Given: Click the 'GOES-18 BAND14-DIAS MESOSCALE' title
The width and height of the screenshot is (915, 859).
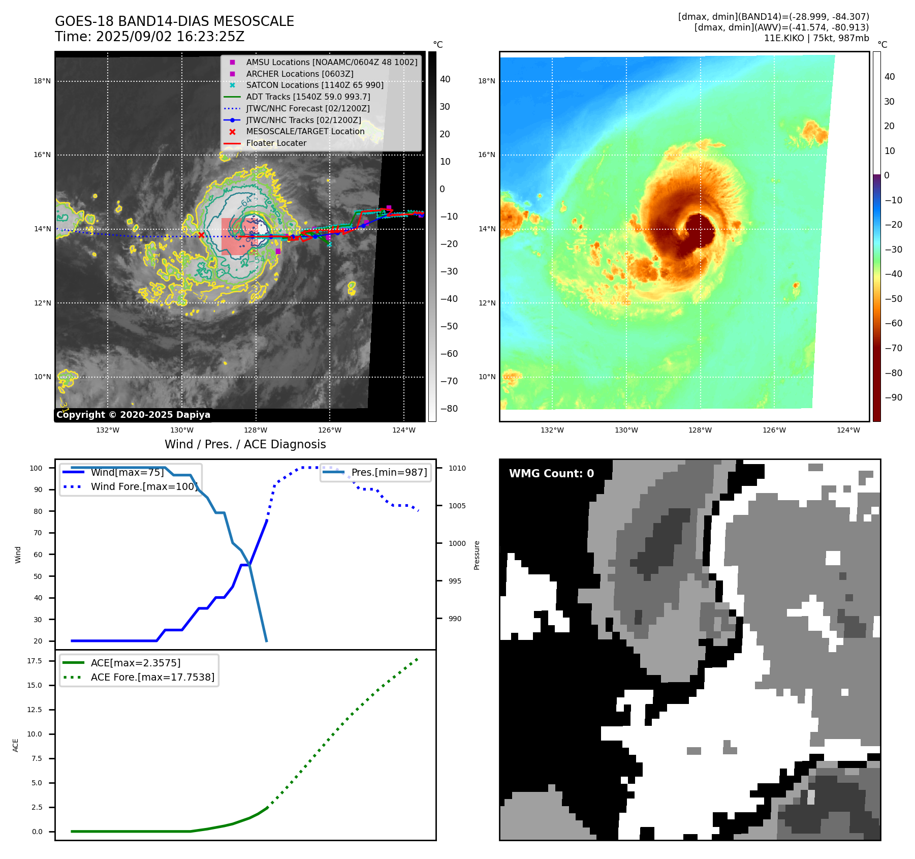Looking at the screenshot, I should pyautogui.click(x=174, y=21).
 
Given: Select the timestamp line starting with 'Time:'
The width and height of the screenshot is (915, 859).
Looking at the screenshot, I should pyautogui.click(x=149, y=37).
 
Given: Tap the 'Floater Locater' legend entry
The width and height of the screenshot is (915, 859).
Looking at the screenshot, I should pyautogui.click(x=276, y=143).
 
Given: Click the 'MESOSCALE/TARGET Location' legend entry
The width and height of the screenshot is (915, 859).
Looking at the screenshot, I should pyautogui.click(x=305, y=132).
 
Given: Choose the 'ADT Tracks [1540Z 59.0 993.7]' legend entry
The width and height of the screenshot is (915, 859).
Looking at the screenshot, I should pyautogui.click(x=308, y=97).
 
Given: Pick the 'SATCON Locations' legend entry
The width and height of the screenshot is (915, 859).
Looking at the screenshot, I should pyautogui.click(x=314, y=85).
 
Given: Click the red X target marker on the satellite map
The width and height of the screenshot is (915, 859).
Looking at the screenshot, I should pyautogui.click(x=201, y=235).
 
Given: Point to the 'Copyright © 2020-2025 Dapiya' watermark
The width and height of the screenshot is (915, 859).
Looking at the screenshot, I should pyautogui.click(x=133, y=415).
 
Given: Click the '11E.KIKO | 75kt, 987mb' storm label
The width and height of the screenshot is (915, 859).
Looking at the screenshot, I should pyautogui.click(x=816, y=38).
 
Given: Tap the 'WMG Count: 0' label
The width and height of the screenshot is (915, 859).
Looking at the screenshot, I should pyautogui.click(x=551, y=474).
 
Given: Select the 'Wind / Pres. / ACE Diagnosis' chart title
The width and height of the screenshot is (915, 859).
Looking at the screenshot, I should pyautogui.click(x=245, y=444).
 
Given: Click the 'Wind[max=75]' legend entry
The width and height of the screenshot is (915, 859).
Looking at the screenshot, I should pyautogui.click(x=127, y=472).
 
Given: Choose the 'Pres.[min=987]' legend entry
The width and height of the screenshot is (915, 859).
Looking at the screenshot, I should pyautogui.click(x=389, y=472).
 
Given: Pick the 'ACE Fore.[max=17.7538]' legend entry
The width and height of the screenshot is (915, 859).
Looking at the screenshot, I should pyautogui.click(x=152, y=677).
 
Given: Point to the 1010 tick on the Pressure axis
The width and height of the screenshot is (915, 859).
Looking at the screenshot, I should pyautogui.click(x=457, y=468).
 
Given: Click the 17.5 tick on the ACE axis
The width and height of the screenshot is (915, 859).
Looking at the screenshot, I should pyautogui.click(x=35, y=661).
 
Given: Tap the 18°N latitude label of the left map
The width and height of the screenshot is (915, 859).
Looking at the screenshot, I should pyautogui.click(x=42, y=81).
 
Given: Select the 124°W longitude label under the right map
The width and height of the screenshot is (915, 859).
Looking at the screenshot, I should pyautogui.click(x=848, y=430).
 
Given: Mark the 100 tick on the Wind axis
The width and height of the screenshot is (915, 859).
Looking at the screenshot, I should pyautogui.click(x=36, y=468).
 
